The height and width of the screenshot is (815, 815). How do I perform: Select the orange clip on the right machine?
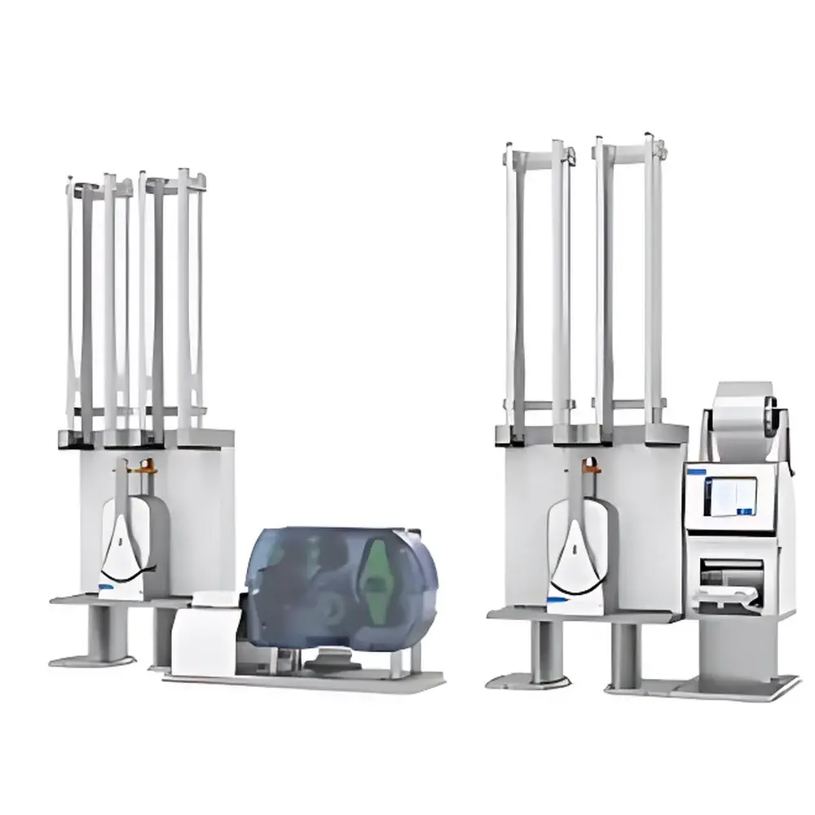tap(593, 468)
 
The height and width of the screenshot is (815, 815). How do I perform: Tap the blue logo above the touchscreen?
tap(695, 471)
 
